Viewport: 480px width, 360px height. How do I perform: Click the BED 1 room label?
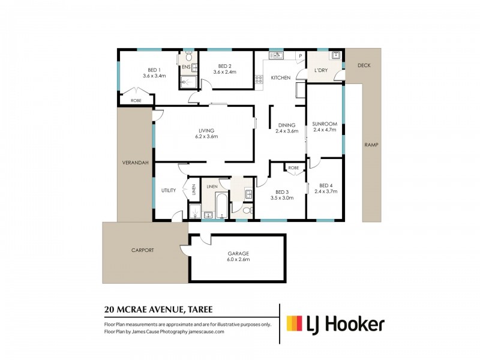point(154,70)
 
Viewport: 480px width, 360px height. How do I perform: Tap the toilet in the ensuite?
point(189,56)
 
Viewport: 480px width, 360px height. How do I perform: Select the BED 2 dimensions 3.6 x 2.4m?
point(224,72)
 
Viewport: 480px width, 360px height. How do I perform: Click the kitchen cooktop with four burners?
point(259,80)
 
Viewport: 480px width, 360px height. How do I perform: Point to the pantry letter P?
point(301,56)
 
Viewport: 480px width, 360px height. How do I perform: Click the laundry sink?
point(335,55)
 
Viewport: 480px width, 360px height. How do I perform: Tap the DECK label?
point(364,65)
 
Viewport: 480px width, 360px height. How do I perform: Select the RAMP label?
point(371,145)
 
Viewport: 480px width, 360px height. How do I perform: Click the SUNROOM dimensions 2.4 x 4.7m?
point(325,130)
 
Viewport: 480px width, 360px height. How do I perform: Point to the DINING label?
point(287,125)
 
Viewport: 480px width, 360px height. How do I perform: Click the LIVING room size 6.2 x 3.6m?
point(206,137)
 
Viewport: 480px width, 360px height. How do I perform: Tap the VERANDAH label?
point(136,163)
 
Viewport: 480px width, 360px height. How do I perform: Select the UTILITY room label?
point(169,190)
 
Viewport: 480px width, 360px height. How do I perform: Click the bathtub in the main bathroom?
point(221,205)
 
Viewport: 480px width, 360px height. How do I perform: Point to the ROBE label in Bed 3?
point(293,168)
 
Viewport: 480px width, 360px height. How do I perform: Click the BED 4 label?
point(326,185)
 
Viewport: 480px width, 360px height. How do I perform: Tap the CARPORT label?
point(143,250)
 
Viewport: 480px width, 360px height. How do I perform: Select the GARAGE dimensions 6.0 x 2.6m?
point(238,260)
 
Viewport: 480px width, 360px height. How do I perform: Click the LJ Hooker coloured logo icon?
point(295,323)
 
